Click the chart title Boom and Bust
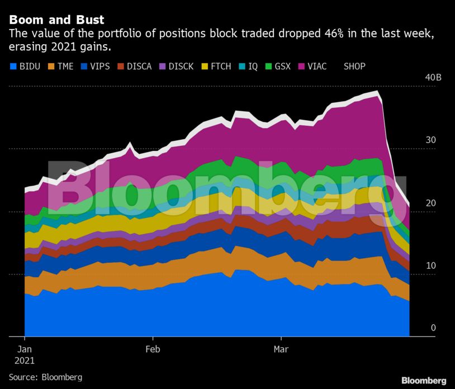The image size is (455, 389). (x=56, y=20)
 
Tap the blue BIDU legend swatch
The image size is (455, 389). (x=13, y=67)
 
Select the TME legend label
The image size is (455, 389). (x=65, y=67)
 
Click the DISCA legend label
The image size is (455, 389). (x=139, y=67)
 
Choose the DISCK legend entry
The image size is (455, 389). (x=181, y=67)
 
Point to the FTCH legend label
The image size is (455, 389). (x=221, y=67)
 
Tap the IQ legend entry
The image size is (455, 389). (x=253, y=67)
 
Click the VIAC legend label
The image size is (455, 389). (x=317, y=67)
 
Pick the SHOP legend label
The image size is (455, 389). (x=354, y=67)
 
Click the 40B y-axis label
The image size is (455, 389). (x=433, y=77)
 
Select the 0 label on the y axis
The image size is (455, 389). (x=433, y=328)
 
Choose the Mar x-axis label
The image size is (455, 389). (x=281, y=349)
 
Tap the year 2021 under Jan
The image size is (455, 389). (x=25, y=360)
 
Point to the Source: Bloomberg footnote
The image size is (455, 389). (x=45, y=377)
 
